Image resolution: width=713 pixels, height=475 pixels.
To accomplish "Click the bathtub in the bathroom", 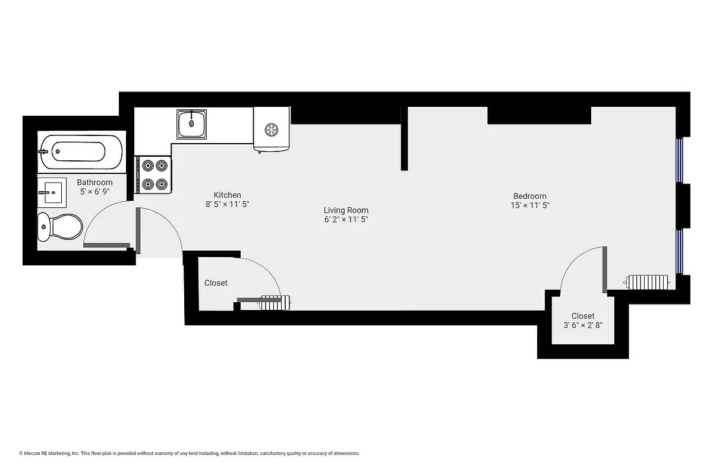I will (x=81, y=152).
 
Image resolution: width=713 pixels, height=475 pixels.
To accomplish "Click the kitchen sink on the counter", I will (x=191, y=123).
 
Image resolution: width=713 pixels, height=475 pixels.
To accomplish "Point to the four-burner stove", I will (x=154, y=175).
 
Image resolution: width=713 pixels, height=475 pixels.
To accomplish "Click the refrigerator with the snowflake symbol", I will (x=272, y=129).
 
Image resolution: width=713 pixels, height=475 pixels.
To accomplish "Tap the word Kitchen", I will (x=228, y=195).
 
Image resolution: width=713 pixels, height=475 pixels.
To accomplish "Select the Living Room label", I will (x=346, y=210).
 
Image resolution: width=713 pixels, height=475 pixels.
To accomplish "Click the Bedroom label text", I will (x=529, y=196).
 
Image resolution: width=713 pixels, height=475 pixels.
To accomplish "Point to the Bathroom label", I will (x=94, y=182).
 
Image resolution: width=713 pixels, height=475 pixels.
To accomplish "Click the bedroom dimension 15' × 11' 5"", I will (x=529, y=205).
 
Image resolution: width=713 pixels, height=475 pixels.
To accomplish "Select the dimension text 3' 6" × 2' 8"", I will (x=583, y=325).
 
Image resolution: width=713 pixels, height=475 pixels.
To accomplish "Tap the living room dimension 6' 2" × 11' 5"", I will (x=346, y=220).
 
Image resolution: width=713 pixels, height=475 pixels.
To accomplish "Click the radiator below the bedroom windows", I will (x=649, y=281).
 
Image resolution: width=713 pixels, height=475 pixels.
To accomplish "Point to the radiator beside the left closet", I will (x=275, y=302).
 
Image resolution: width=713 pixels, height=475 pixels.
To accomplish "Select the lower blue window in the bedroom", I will (x=681, y=251).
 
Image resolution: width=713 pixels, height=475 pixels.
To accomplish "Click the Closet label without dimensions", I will (x=216, y=283).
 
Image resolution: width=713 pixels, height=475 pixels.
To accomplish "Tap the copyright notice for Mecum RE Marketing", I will (x=190, y=453).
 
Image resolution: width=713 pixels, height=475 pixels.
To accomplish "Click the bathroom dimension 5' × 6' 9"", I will (x=94, y=192).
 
